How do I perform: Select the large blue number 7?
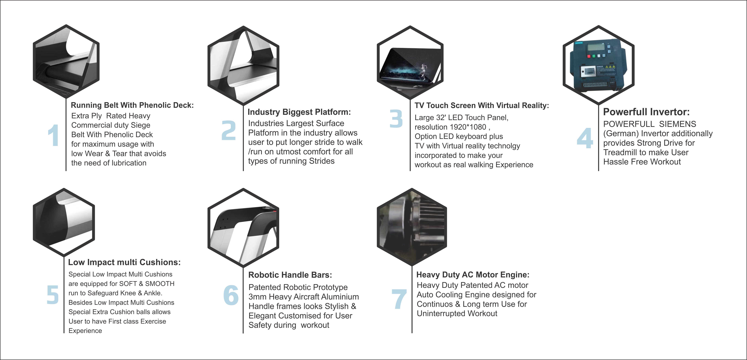399,299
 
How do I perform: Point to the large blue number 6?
231,295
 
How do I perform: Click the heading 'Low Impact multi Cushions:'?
124,262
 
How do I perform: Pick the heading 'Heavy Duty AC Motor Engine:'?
473,275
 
